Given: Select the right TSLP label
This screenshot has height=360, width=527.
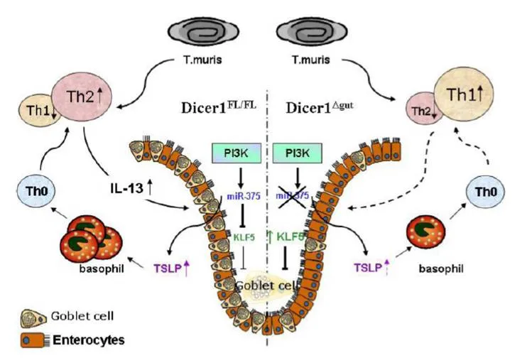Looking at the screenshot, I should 369,269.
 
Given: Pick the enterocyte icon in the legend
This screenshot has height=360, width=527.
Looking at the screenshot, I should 34,341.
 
